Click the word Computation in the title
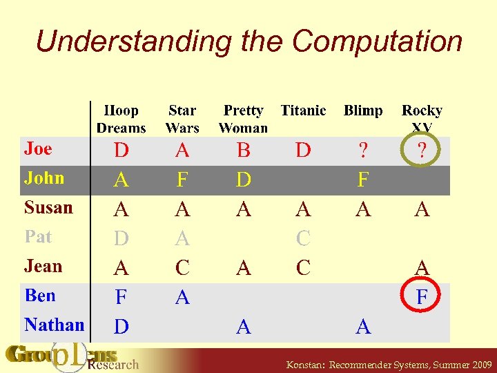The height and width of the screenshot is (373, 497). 377,42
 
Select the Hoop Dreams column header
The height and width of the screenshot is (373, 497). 121,119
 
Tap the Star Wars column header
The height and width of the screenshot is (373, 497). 182,119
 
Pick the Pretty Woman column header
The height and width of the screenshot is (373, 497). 243,119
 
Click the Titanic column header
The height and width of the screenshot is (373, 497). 303,111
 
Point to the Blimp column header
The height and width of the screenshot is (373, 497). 363,111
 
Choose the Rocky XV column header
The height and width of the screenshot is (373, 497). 422,117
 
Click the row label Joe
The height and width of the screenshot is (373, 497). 38,149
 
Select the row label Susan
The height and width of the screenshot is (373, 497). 48,207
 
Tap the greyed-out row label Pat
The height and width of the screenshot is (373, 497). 38,237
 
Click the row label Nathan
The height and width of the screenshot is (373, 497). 54,325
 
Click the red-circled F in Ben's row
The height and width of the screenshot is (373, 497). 422,298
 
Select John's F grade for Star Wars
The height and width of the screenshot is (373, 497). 182,180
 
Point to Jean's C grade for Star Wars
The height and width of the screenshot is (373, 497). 182,268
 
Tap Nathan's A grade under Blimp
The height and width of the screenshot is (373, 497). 363,327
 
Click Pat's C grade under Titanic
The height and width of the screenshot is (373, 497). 303,239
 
